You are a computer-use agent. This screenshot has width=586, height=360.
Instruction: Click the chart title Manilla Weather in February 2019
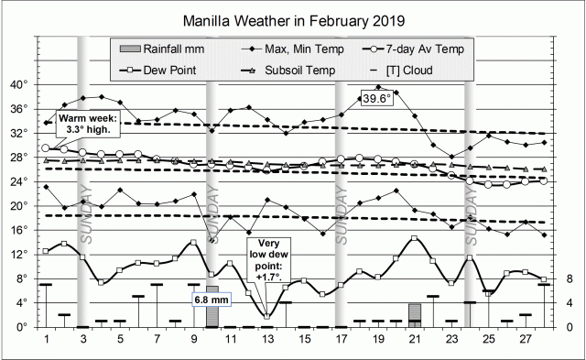click(x=294, y=18)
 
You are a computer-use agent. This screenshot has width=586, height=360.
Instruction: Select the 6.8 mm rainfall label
click(x=211, y=299)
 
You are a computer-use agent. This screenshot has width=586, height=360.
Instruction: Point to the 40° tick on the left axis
click(x=19, y=85)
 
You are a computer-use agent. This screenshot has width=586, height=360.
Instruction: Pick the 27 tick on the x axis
click(x=525, y=340)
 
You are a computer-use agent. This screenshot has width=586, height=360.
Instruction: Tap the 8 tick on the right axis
click(x=569, y=278)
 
